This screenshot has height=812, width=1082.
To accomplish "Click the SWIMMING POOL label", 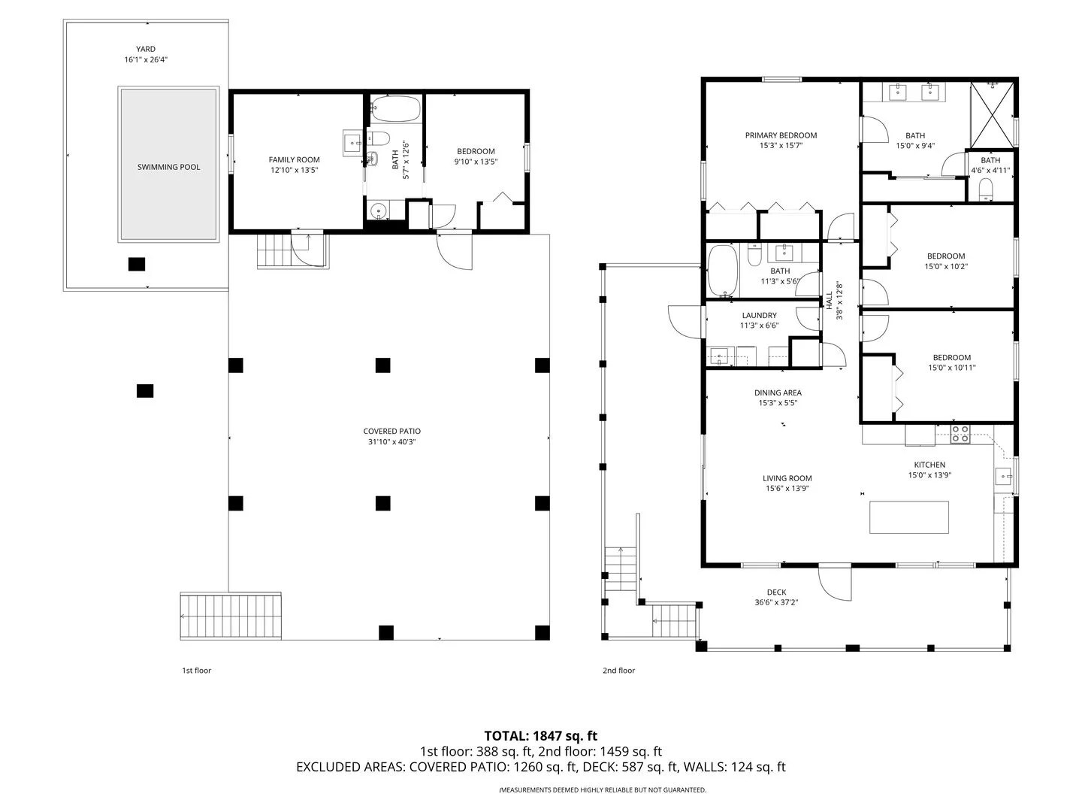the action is tap(168, 167).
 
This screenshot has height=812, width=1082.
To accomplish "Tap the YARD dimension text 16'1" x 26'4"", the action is tap(146, 59).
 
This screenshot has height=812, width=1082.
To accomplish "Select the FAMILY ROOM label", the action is tap(294, 159).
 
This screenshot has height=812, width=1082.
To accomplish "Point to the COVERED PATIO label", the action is tap(392, 431).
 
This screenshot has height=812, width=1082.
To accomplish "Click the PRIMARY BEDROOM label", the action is tap(781, 135).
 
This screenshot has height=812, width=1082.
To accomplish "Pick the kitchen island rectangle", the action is tap(908, 517).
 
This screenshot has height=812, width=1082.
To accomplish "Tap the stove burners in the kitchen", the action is tap(960, 434).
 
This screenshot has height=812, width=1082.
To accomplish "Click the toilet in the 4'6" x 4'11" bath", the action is tap(985, 189).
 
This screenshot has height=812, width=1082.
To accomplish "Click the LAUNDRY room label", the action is tap(759, 315).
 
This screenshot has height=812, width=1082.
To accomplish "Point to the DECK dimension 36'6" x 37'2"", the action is tap(776, 602).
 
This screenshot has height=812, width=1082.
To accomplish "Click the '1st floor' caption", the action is tap(196, 670).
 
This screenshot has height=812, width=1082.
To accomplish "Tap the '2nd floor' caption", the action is tap(618, 670).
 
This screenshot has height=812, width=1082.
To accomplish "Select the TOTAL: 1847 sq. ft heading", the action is tap(541, 735).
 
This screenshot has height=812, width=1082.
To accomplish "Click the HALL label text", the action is tap(829, 300).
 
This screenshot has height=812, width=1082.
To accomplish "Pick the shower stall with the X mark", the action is tap(992, 114).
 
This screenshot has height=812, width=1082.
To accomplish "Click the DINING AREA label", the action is tap(778, 392).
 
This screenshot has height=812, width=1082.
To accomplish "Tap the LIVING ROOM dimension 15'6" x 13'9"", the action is tap(787, 488).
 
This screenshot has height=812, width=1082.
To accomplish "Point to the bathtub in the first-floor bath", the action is tap(395, 108).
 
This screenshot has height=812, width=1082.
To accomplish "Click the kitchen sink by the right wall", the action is tap(1004, 476).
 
